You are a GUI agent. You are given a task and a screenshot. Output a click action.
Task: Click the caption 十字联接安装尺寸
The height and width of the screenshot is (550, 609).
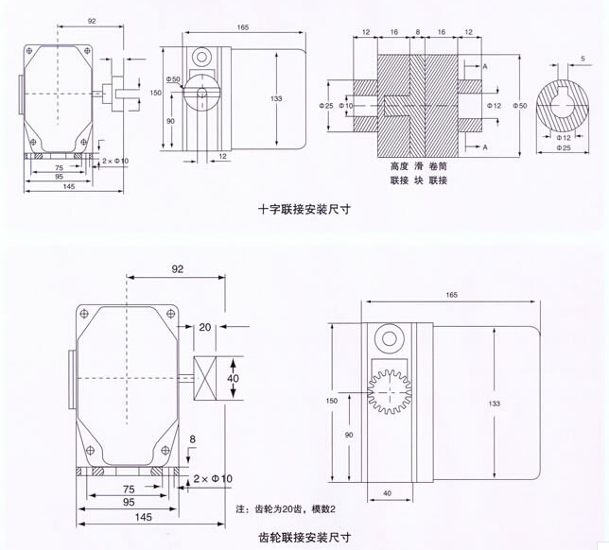tap(304, 211)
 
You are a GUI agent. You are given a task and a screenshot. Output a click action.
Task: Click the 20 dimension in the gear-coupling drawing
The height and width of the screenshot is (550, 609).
tap(204, 328)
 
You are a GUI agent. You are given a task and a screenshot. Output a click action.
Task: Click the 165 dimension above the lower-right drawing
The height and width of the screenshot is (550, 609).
tap(450, 296)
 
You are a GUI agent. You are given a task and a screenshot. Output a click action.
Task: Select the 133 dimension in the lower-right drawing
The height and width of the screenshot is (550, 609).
tap(494, 404)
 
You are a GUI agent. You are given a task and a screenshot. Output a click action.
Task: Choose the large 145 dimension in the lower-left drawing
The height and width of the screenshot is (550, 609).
tap(143, 517)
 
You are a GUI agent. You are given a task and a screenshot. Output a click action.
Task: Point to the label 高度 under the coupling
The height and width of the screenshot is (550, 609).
tap(398, 165)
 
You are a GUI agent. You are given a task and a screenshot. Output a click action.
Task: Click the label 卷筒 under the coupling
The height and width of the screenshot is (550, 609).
tap(438, 165)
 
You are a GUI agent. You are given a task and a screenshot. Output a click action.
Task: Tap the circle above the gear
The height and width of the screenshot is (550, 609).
tap(388, 340)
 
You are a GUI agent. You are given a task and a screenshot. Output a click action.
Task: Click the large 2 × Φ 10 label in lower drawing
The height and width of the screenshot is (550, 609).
tap(213, 479)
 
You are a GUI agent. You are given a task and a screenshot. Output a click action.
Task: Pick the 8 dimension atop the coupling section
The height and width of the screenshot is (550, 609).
tap(418, 32)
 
